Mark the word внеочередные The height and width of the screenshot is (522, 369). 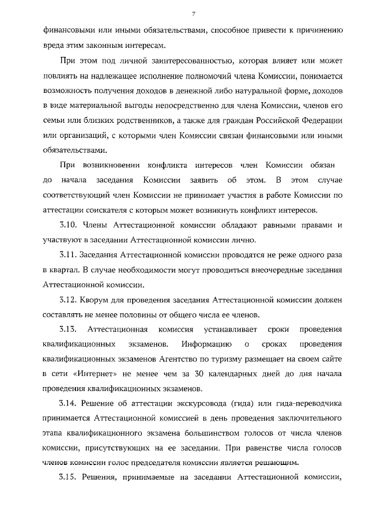click(x=253, y=269)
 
